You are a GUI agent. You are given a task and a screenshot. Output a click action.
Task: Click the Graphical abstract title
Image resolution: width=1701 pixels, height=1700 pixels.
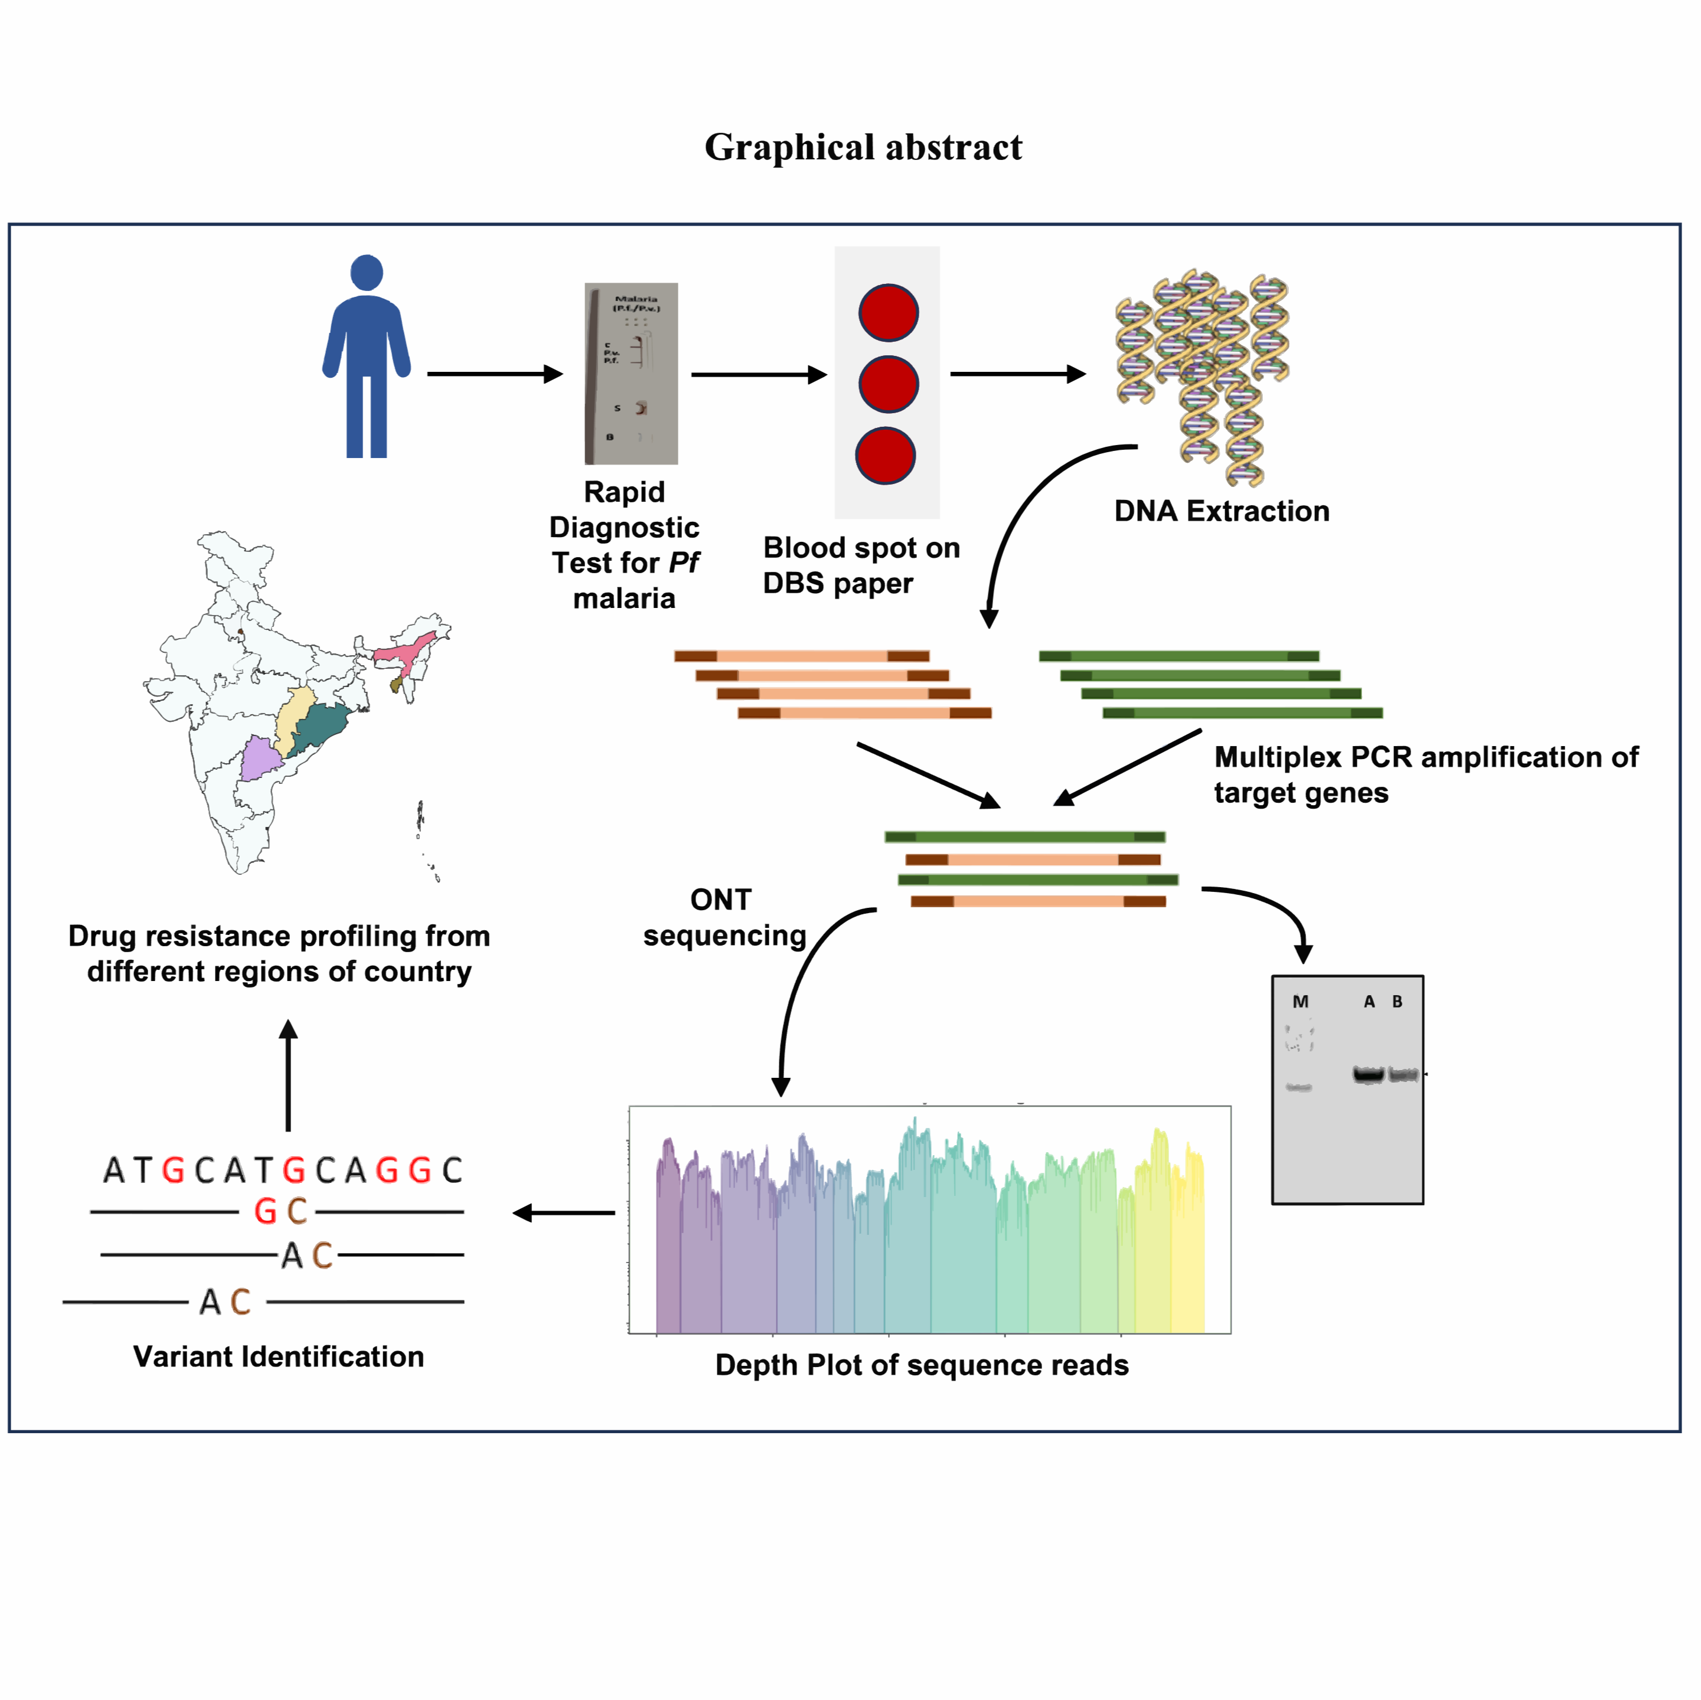pyautogui.click(x=863, y=147)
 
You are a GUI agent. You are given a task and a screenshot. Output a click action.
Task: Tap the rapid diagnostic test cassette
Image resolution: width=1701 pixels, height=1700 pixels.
pyautogui.click(x=631, y=373)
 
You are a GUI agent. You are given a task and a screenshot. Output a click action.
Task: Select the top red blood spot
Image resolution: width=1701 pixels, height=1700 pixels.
pyautogui.click(x=889, y=312)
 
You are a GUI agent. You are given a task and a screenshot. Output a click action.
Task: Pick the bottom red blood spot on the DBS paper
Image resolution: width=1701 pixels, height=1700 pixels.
pyautogui.click(x=885, y=455)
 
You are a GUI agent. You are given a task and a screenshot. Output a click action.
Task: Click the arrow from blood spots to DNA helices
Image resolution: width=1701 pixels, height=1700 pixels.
pyautogui.click(x=1017, y=374)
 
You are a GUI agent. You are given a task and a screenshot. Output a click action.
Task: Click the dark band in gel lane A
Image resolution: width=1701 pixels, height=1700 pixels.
pyautogui.click(x=1367, y=1074)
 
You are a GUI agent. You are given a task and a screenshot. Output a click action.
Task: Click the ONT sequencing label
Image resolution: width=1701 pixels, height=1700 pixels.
pyautogui.click(x=724, y=917)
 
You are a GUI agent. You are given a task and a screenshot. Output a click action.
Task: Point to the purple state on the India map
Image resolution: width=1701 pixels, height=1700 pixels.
pyautogui.click(x=260, y=759)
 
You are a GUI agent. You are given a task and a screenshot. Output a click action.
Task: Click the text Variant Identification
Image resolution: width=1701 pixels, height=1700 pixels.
pyautogui.click(x=278, y=1356)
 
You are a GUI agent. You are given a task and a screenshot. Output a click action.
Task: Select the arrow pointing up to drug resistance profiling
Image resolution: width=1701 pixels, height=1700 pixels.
pyautogui.click(x=288, y=1074)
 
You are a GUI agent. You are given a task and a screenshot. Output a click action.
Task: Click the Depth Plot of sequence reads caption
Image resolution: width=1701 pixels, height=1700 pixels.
pyautogui.click(x=921, y=1365)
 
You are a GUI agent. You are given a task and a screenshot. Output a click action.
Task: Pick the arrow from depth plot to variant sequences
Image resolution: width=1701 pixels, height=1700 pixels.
pyautogui.click(x=563, y=1213)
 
